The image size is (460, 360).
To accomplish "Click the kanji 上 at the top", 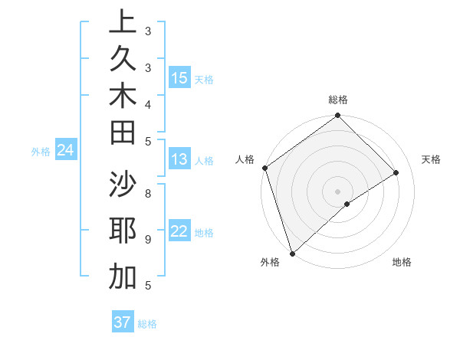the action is coord(123,22).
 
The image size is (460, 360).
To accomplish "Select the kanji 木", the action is coord(123,97).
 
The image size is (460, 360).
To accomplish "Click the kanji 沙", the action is coord(123,185).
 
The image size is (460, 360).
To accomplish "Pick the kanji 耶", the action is coord(123,231).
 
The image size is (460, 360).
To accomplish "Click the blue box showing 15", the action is coord(179,78).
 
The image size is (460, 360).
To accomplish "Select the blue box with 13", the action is coord(179,160).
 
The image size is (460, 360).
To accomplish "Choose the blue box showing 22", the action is coord(179,232).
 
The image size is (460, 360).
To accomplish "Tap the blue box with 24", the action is coord(66,151).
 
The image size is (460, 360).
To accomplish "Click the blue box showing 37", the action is coord(122,322).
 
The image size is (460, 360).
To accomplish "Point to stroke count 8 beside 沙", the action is coord(148,192).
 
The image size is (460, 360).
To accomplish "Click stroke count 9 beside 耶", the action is coord(148,239).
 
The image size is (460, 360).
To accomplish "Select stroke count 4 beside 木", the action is coord(148,103).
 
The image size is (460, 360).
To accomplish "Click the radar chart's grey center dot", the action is coord(337,191).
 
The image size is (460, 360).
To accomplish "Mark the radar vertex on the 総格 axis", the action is coord(337,116).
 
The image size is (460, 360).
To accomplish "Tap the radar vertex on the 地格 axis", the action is coord(347,204).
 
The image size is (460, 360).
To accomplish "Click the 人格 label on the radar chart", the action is coord(245,159).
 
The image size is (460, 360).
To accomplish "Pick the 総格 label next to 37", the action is coord(147,324).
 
